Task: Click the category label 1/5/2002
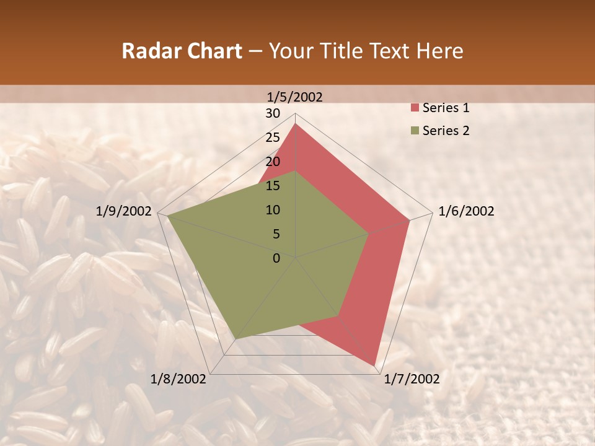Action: point(294,97)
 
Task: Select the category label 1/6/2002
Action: point(466,211)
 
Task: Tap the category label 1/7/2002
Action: point(412,379)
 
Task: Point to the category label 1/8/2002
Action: point(178,379)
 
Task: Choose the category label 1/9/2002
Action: point(124,211)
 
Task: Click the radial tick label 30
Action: point(273,113)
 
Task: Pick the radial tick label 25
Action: point(273,138)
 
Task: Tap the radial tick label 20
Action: point(273,162)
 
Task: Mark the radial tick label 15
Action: point(273,186)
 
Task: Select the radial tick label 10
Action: point(273,210)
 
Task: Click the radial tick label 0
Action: point(276,258)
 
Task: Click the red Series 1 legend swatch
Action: point(415,108)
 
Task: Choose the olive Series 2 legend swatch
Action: point(415,131)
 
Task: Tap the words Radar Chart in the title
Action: point(182,51)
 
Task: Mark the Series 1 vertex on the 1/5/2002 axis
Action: point(296,124)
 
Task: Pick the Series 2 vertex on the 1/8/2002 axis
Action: point(236,339)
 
